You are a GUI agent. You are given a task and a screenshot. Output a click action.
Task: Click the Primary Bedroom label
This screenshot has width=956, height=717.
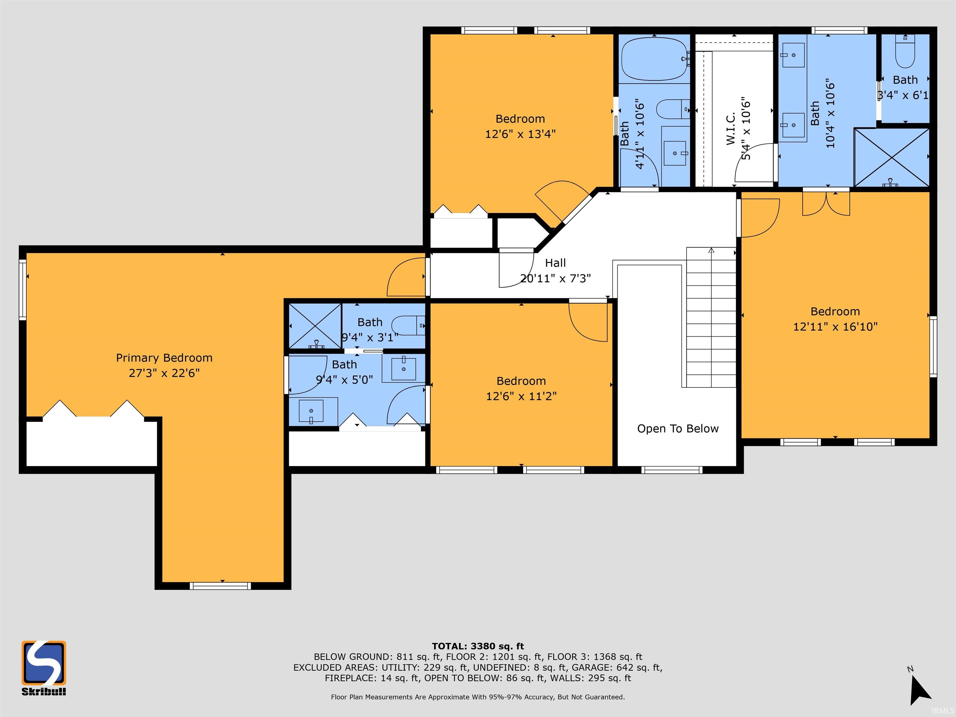pyautogui.click(x=164, y=358)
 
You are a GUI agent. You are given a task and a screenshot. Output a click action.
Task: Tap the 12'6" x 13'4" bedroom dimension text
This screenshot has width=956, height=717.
pyautogui.click(x=520, y=134)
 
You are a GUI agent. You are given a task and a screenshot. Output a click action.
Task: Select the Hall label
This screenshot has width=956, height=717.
pyautogui.click(x=555, y=263)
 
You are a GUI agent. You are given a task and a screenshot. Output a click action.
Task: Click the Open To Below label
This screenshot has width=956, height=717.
pyautogui.click(x=678, y=429)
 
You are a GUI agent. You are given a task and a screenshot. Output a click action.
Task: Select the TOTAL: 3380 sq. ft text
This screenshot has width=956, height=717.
pyautogui.click(x=478, y=646)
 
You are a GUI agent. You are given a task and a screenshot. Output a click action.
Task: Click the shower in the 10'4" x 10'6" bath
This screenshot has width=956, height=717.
pyautogui.click(x=892, y=158)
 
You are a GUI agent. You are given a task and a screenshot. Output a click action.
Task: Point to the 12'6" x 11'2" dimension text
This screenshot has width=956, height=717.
pyautogui.click(x=521, y=396)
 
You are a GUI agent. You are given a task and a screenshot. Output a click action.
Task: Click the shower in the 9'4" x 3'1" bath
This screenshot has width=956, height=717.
pyautogui.click(x=315, y=326)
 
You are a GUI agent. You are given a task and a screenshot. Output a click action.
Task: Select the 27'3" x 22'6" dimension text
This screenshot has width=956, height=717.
pyautogui.click(x=164, y=373)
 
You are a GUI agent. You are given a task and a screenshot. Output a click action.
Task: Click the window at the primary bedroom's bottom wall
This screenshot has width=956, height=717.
pyautogui.click(x=220, y=586)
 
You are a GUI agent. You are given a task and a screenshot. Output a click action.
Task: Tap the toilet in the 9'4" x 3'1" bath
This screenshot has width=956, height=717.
pyautogui.click(x=408, y=326)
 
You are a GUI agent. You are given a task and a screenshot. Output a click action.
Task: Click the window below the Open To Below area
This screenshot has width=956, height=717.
pyautogui.click(x=672, y=470)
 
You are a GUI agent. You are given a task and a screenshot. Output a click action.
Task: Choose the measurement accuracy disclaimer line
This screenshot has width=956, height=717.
pyautogui.click(x=478, y=697)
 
